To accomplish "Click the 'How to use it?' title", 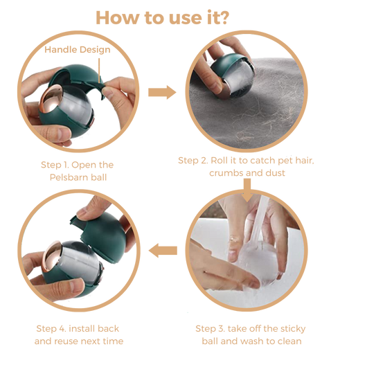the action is click(163, 18).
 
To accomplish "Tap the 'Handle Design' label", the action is click(78, 50).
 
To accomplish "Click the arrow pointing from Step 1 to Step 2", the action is click(162, 92).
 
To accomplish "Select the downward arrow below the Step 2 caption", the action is click(247, 190).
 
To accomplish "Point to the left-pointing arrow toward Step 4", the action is click(163, 251).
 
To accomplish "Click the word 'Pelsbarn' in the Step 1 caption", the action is click(69, 177).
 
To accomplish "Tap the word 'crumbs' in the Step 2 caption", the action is click(224, 173).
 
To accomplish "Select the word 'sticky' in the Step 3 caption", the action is click(293, 329).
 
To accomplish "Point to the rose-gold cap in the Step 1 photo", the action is click(51, 98).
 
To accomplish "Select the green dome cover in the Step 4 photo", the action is click(103, 236).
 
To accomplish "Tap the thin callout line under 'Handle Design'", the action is click(99, 70).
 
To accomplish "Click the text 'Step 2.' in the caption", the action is click(193, 161).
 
